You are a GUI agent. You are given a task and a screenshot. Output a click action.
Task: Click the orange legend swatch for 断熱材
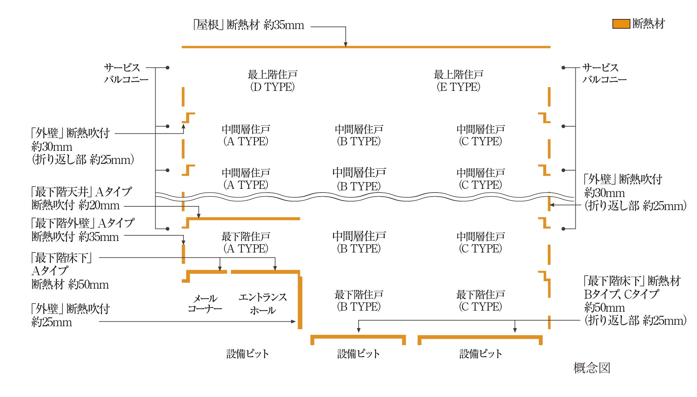click(x=621, y=24)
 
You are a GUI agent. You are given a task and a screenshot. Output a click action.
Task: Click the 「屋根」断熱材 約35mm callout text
click(x=249, y=25)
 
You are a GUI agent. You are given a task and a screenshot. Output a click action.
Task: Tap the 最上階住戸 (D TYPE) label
click(x=272, y=80)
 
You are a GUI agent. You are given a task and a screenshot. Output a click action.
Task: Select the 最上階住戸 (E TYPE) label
click(x=458, y=80)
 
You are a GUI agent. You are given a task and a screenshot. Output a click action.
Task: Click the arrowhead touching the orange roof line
click(x=346, y=44)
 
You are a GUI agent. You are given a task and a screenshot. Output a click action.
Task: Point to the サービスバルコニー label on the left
click(x=126, y=73)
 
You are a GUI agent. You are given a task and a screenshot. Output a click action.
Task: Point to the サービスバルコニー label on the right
click(x=604, y=73)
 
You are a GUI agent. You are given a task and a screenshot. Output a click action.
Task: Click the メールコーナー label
click(x=205, y=304)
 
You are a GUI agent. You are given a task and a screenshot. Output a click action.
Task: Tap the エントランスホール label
click(x=263, y=304)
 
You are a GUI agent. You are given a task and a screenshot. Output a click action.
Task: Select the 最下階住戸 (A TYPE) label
click(x=246, y=242)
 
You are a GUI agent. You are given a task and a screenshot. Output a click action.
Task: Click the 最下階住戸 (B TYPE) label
click(x=359, y=301)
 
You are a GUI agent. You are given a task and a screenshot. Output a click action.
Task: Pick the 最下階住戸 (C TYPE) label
click(x=480, y=301)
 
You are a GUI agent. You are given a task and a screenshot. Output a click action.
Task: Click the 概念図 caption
click(x=592, y=368)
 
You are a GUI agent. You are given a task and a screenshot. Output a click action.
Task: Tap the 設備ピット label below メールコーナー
click(x=247, y=354)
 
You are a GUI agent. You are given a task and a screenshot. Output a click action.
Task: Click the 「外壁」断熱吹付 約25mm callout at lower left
click(x=70, y=315)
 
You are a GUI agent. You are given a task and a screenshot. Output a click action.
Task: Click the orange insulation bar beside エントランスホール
click(x=300, y=303)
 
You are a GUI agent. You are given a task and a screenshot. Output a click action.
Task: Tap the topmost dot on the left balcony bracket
click(x=167, y=68)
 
